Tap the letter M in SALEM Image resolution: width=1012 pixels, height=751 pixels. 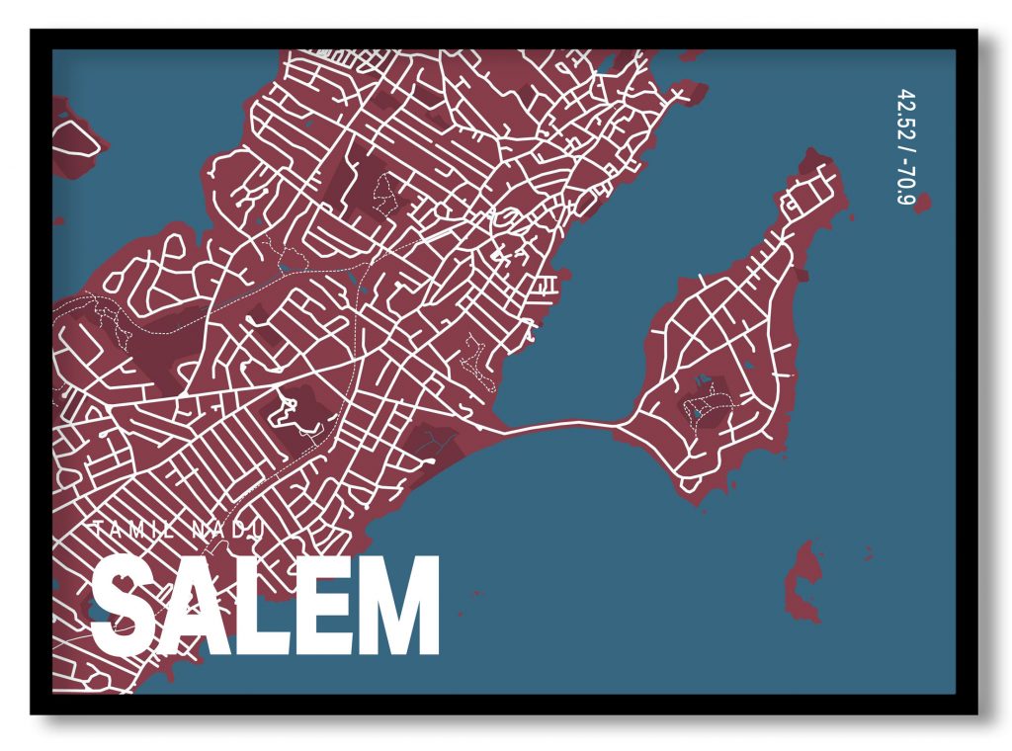tap(398, 605)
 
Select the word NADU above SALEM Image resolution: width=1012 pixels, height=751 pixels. tap(227, 532)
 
